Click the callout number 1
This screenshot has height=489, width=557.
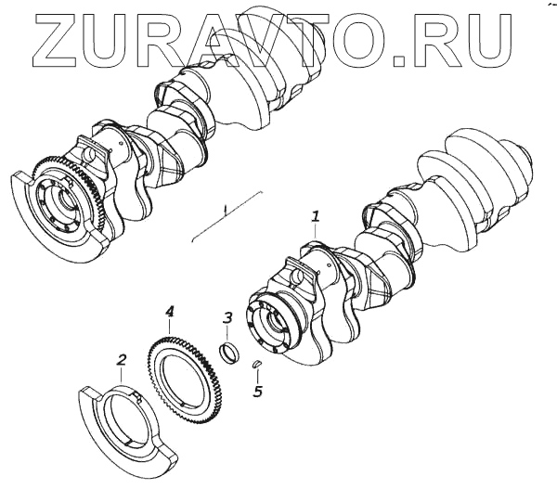[x=316, y=216]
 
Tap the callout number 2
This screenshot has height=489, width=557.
[x=122, y=360]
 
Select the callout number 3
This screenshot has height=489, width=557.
[x=227, y=318]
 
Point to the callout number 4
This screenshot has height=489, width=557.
[x=170, y=312]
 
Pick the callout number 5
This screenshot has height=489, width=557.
[x=257, y=391]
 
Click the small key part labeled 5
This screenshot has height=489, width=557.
[x=257, y=364]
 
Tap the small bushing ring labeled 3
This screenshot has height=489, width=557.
[x=228, y=353]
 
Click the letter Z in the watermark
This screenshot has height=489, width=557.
[x=54, y=41]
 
